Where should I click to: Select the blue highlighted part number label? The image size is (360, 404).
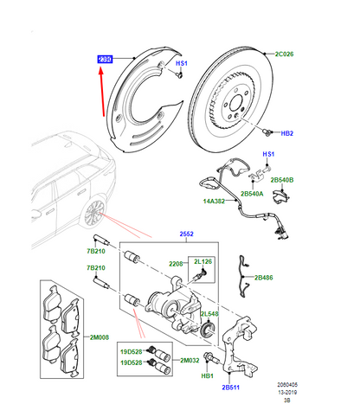pos(106,59)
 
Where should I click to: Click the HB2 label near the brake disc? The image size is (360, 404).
pos(287,134)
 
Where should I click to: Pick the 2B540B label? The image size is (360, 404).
pos(283,179)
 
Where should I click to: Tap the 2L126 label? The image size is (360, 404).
pos(204,261)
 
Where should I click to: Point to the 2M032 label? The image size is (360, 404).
pos(189,359)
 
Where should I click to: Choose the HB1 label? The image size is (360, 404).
pos(208,377)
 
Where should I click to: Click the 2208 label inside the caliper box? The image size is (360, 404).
pos(176,261)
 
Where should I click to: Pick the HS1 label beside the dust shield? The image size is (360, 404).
pos(182,64)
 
